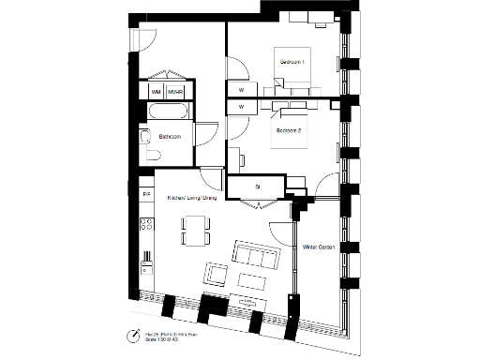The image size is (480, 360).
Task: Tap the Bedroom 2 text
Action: tap(288, 130)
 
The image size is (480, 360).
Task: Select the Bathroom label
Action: tap(170, 137)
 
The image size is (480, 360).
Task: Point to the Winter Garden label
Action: tap(319, 247)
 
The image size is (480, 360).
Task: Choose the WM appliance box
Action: tap(155, 92)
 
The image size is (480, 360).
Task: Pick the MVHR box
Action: tap(175, 92)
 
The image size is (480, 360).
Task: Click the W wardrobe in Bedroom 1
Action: tap(241, 90)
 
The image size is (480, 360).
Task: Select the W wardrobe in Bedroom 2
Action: tap(241, 108)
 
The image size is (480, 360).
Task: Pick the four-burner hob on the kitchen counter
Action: tap(145, 225)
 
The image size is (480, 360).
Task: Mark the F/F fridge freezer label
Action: tap(145, 194)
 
